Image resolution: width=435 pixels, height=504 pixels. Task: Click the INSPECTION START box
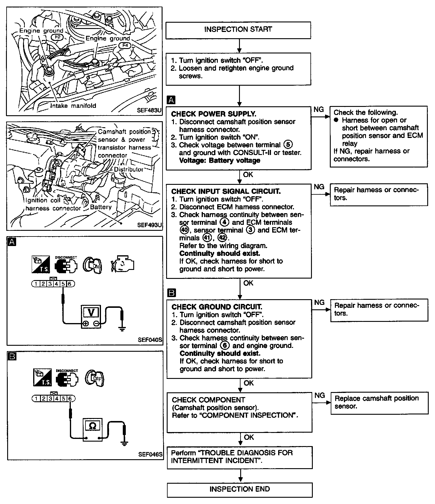click(238, 30)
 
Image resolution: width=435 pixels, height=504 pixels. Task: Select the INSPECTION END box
click(239, 489)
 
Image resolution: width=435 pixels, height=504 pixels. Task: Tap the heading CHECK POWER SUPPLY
click(214, 114)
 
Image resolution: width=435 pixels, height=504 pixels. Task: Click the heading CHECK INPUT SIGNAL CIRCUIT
click(226, 191)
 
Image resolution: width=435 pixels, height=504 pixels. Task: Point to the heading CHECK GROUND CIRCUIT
click(217, 307)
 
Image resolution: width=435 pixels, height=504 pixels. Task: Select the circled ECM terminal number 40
click(184, 230)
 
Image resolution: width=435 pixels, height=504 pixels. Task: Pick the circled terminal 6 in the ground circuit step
click(224, 345)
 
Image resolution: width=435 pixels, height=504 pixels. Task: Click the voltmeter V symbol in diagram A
click(91, 312)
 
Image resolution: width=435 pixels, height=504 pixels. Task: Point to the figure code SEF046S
click(150, 454)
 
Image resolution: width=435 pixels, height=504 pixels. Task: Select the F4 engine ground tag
click(125, 45)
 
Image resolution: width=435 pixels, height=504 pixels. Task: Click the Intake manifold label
click(73, 106)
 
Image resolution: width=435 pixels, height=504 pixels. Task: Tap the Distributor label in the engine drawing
click(129, 169)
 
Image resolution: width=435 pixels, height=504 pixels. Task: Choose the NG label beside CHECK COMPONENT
click(320, 395)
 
